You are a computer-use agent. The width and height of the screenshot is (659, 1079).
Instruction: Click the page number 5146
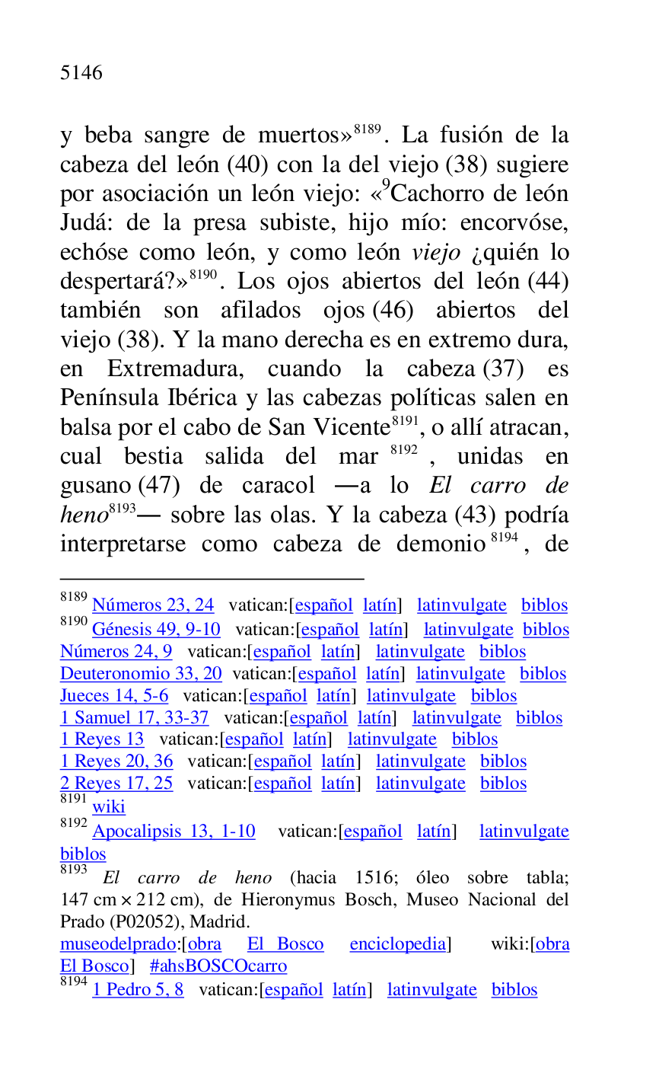tap(81, 73)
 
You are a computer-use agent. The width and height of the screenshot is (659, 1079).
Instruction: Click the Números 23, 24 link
tap(153, 605)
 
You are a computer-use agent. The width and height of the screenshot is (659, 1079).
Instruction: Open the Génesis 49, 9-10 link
tap(156, 630)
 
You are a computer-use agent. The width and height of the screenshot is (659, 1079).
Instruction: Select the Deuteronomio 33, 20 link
tap(141, 674)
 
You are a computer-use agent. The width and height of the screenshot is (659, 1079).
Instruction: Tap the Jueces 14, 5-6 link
tap(114, 696)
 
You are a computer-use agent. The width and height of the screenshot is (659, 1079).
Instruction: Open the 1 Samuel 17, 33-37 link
tap(134, 718)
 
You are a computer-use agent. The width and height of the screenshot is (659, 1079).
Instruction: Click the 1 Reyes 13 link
tap(102, 739)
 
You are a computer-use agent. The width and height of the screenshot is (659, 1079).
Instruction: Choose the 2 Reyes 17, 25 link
tap(116, 784)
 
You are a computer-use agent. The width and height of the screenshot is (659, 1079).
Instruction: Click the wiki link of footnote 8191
tap(109, 807)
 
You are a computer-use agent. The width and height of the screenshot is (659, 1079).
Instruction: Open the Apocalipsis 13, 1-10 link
tap(174, 832)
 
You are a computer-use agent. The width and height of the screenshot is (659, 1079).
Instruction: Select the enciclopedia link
tap(397, 945)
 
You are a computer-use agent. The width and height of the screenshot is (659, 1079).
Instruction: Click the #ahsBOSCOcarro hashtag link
tap(218, 967)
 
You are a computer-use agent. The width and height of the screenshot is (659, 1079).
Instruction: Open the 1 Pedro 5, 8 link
tap(138, 991)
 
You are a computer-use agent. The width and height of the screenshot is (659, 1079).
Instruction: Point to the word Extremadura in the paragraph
tap(175, 369)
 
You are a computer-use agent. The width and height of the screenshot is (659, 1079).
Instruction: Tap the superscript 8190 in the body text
tap(204, 275)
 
